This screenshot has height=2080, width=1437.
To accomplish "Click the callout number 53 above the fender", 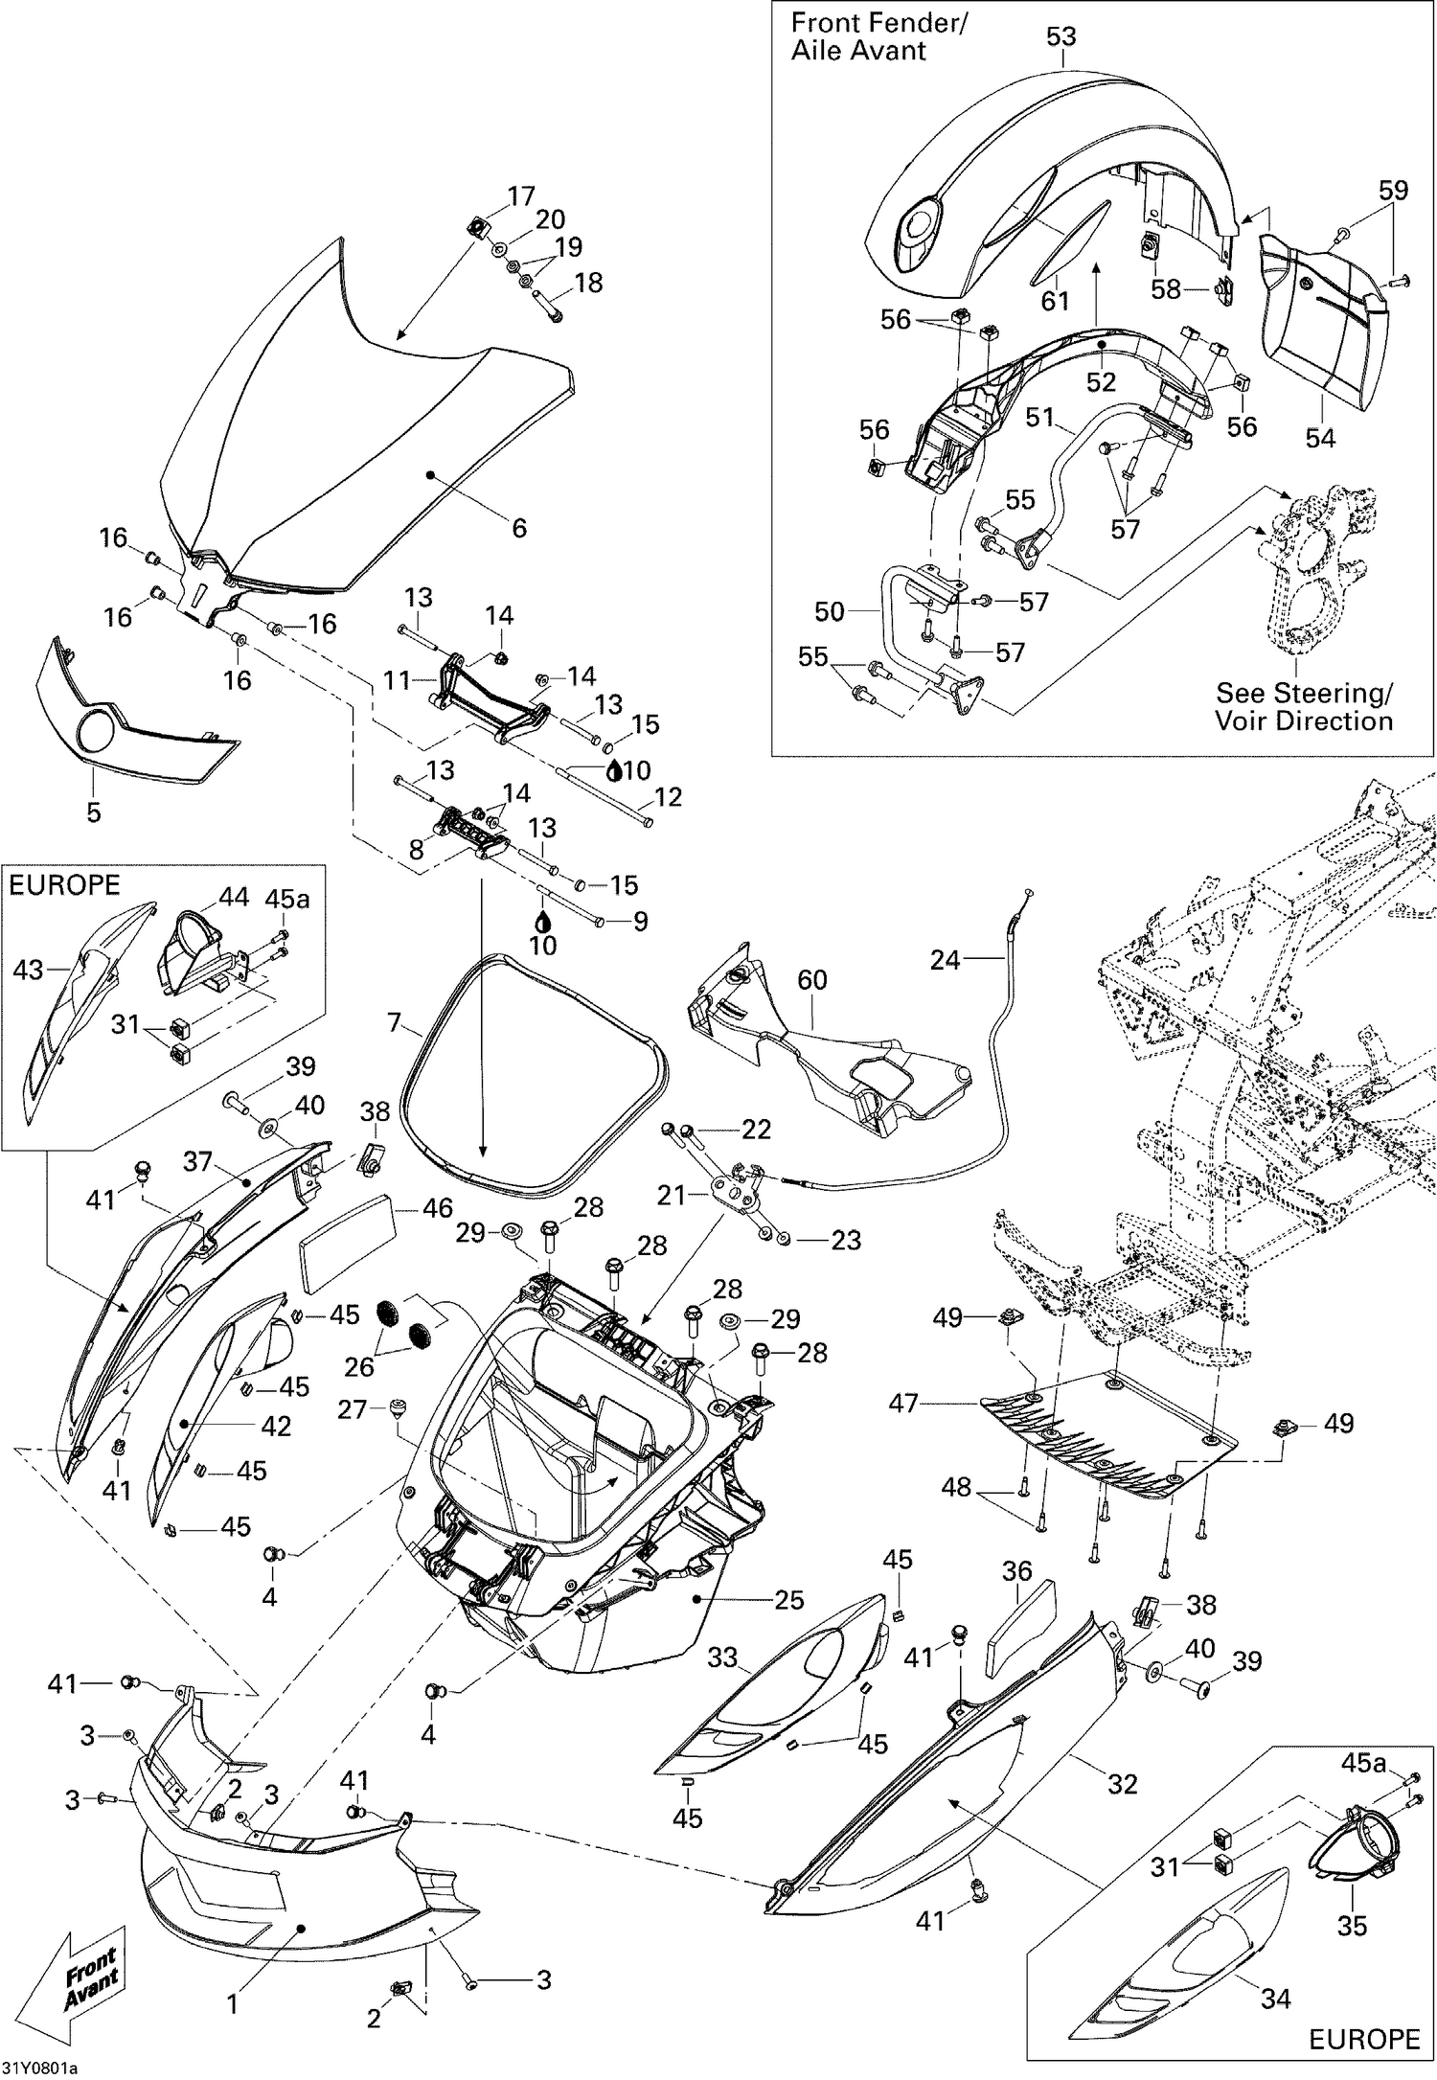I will (x=1061, y=36).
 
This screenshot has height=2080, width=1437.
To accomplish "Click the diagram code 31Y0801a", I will (x=39, y=2066).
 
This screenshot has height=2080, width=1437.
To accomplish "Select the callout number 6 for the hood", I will (x=519, y=528).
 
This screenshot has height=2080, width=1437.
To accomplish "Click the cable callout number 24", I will (x=945, y=959).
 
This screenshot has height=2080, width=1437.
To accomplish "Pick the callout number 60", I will (x=811, y=980).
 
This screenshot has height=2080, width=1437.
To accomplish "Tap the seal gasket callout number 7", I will (x=395, y=1022).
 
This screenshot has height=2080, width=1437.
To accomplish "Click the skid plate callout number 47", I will (x=903, y=1404).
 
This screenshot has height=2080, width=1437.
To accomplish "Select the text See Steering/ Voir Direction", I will (x=1304, y=706).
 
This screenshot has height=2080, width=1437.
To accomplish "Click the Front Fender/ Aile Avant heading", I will (x=878, y=36).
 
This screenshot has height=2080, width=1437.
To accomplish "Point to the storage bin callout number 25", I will (x=788, y=1600).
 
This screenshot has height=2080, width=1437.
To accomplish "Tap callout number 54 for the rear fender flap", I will (x=1320, y=437).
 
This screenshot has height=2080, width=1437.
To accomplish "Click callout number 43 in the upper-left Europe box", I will (x=28, y=971).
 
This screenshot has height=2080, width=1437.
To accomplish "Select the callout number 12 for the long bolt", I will (x=668, y=796).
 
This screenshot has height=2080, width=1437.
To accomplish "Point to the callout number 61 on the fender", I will (x=1055, y=300).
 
